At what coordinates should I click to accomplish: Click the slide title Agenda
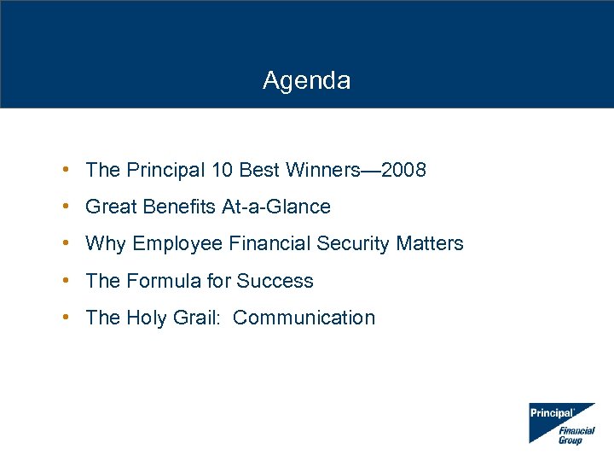306,81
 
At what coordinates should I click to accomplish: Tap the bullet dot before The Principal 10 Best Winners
66,170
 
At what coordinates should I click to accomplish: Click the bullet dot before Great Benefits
66,207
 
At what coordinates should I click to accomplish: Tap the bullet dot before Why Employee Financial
66,243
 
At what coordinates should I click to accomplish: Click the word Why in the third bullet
105,243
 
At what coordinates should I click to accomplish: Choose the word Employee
177,244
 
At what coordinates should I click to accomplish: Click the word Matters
430,243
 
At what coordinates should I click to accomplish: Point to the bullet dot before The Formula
66,281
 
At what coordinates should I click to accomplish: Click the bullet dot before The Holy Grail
66,318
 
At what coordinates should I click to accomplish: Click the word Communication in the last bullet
304,318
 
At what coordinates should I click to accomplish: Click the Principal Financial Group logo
562,423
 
